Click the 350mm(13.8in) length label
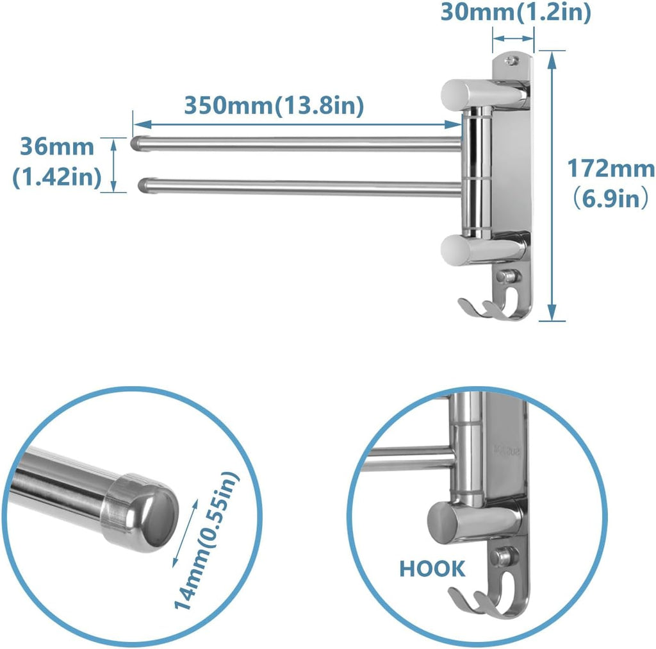tap(274, 105)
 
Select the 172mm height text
tap(611, 169)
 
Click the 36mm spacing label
tap(56, 147)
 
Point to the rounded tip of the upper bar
tap(136, 142)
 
